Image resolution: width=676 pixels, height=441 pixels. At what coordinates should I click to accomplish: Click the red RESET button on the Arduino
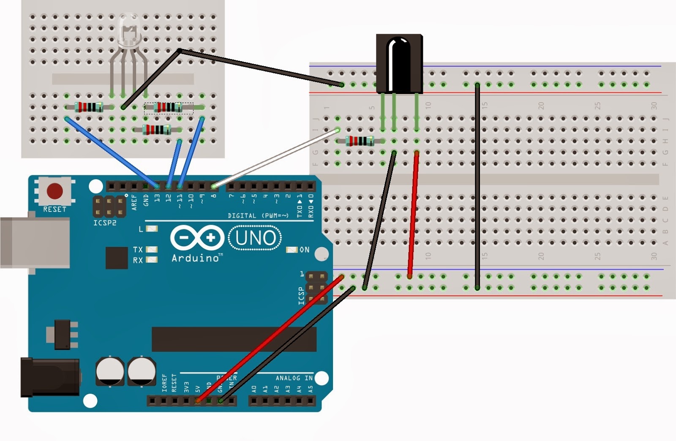point(55,191)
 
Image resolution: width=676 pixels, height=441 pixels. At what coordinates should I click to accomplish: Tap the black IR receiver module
point(399,63)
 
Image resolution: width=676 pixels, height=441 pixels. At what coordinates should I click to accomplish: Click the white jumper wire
point(275,158)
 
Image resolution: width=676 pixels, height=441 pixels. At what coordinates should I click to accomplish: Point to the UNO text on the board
point(256,238)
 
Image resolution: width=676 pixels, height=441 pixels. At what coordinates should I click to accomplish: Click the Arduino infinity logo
point(197,238)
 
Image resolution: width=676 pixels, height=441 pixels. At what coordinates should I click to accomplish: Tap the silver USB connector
point(34,242)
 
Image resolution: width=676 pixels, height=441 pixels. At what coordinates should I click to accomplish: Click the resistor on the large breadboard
point(360,141)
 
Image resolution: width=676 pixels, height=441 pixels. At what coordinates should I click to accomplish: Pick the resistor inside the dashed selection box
point(169,108)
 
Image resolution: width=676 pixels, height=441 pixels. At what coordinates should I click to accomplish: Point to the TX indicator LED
point(151,250)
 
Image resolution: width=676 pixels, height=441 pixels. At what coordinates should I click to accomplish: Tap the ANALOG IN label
point(294,378)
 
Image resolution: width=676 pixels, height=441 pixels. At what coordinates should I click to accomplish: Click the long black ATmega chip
point(234,339)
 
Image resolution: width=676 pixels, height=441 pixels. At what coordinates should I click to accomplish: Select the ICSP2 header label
point(105,223)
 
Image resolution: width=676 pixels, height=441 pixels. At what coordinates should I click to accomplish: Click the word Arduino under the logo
point(195,258)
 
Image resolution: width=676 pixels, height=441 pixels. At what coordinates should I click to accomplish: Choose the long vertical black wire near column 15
point(477,186)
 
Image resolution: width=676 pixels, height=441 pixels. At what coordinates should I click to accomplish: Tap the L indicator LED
point(151,229)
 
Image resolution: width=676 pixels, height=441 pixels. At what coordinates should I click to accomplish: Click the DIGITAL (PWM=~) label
point(258,215)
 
